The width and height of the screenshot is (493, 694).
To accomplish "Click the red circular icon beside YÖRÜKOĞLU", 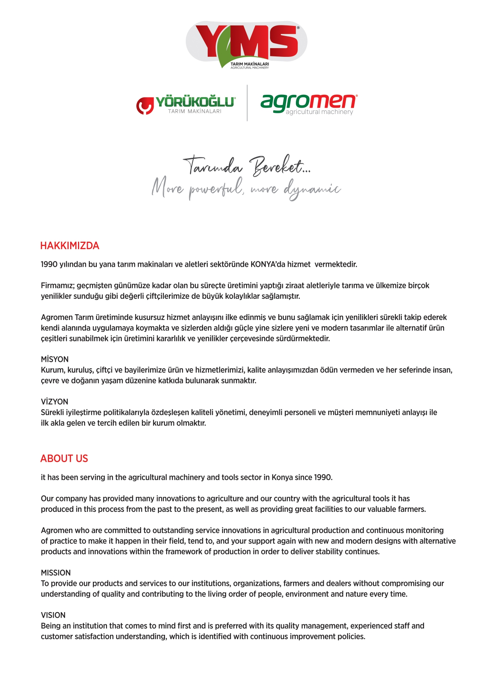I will pyautogui.click(x=145, y=105).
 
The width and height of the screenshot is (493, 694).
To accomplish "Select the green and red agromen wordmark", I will pyautogui.click(x=308, y=103).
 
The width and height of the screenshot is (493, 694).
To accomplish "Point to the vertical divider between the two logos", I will pyautogui.click(x=247, y=103).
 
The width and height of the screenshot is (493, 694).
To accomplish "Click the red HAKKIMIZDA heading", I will pyautogui.click(x=70, y=246).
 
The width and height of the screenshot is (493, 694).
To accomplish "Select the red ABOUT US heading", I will pyautogui.click(x=64, y=459).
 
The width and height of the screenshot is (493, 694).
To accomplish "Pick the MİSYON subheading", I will pyautogui.click(x=55, y=360).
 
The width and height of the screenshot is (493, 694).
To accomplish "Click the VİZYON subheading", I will pyautogui.click(x=54, y=402).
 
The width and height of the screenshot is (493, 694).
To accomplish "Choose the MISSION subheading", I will pyautogui.click(x=56, y=573).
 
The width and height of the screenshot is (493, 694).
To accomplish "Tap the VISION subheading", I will pyautogui.click(x=53, y=615).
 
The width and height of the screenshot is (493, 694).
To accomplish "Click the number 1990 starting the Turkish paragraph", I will pyautogui.click(x=49, y=264).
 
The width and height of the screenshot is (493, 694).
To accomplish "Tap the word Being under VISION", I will pyautogui.click(x=51, y=626).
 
